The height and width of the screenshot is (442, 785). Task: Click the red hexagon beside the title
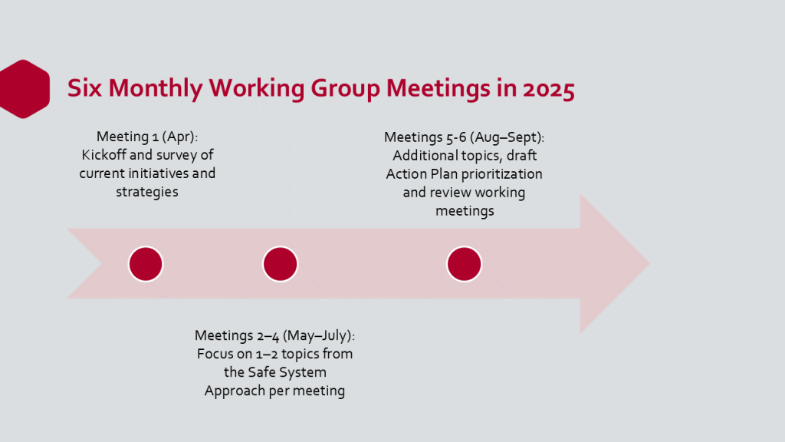pos(24,89)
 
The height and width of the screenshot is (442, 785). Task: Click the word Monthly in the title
pos(155,89)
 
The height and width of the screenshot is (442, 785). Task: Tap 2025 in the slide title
pos(549,89)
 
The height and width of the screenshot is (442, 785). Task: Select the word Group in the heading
pos(345,89)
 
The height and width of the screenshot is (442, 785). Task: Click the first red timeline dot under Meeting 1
pos(146,264)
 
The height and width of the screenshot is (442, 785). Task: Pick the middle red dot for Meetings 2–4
pos(281,264)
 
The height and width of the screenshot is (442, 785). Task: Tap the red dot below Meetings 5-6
pos(464,264)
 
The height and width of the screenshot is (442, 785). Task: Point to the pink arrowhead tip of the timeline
pos(649,263)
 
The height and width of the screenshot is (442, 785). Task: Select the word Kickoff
pos(103,155)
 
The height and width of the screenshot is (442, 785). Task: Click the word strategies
pos(147,192)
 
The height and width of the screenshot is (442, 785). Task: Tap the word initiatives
pos(158,173)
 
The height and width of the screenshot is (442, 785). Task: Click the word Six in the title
pos(84,89)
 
